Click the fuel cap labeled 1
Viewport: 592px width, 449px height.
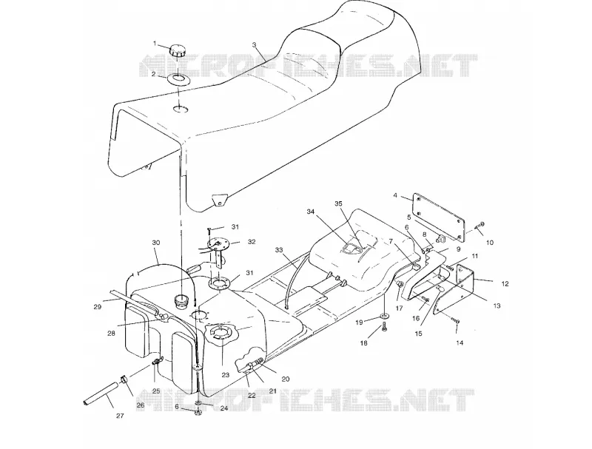tap(177, 51)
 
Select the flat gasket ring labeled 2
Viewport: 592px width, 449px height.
tap(178, 79)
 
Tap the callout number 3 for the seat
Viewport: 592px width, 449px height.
tap(254, 44)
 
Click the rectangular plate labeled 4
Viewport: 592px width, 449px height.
tap(439, 217)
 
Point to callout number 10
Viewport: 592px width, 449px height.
tap(489, 243)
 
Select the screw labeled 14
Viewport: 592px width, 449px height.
tap(454, 322)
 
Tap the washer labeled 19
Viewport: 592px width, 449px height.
tap(383, 315)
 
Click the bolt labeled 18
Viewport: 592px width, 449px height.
tap(384, 327)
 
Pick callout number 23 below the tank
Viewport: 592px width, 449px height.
tap(226, 375)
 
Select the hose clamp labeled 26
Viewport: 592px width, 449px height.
tap(124, 379)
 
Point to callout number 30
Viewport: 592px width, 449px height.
tap(156, 243)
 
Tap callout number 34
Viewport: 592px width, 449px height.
tap(310, 212)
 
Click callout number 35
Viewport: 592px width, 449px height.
tap(338, 203)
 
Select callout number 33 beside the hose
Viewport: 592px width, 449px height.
tap(279, 250)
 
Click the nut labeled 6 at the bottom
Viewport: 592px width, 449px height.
tap(198, 413)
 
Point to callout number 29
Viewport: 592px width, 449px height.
tap(98, 307)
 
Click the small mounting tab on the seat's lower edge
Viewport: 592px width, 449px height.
tap(219, 200)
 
